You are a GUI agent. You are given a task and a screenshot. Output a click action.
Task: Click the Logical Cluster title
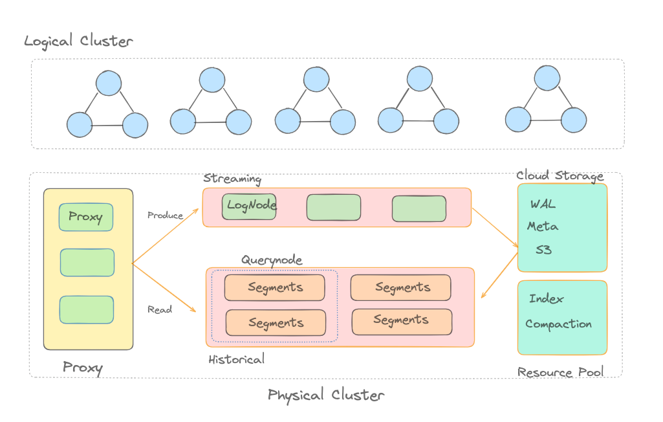click(x=78, y=41)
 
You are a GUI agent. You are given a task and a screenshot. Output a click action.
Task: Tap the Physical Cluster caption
click(x=326, y=395)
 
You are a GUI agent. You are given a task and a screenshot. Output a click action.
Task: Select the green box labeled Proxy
click(x=86, y=217)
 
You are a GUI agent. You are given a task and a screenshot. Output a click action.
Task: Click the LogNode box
click(x=249, y=206)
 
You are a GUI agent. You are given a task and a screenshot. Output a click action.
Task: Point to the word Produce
click(x=165, y=215)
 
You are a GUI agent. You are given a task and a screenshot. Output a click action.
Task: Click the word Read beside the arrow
click(x=160, y=309)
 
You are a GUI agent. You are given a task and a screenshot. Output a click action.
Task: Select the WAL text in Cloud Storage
click(x=543, y=205)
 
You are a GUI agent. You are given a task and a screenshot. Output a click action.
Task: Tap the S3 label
click(x=543, y=249)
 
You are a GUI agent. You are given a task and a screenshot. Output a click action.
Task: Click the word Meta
click(x=543, y=227)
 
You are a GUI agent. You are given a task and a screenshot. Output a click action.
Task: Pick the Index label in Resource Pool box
click(x=546, y=299)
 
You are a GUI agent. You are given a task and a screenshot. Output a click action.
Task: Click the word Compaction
click(x=558, y=324)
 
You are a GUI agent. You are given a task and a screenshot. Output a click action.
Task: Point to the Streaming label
click(x=232, y=179)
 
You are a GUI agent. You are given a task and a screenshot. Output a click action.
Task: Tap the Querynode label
click(x=272, y=260)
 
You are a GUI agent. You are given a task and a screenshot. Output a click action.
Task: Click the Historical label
click(x=236, y=359)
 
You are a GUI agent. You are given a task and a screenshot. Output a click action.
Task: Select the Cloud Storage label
click(x=560, y=175)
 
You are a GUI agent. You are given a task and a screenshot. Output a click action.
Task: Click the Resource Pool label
click(x=560, y=372)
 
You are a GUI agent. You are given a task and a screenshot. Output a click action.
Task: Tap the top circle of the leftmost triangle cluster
click(x=109, y=83)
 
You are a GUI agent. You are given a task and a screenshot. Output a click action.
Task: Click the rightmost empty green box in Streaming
click(x=418, y=208)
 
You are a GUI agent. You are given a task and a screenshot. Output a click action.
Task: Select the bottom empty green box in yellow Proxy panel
click(x=87, y=309)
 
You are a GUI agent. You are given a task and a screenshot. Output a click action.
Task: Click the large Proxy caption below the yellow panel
click(x=83, y=368)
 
